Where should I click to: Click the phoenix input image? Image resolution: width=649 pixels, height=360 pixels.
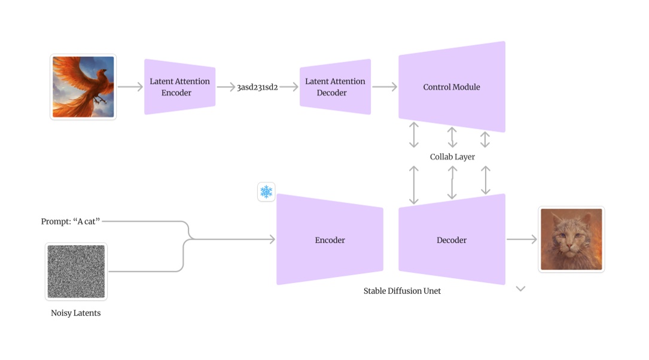coord(83,87)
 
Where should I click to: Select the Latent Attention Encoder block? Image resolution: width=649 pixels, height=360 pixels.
coord(179,87)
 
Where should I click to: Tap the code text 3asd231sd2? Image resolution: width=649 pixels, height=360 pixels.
coord(257,87)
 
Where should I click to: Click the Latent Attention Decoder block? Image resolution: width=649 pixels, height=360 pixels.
coord(335,87)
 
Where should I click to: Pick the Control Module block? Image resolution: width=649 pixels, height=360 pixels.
coord(452,87)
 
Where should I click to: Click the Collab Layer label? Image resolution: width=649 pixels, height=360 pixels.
coord(452,157)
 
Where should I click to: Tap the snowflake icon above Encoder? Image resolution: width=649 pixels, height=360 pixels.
coord(266,191)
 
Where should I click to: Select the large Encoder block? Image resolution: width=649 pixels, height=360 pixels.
coord(330,240)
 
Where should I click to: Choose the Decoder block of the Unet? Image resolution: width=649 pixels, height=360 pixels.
coord(452,240)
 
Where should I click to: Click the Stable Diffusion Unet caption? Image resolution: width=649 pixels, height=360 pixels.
coord(402,291)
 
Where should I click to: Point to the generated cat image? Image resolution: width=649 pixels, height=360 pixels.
coord(571,239)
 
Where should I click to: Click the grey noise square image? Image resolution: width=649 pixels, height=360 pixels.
coord(76,271)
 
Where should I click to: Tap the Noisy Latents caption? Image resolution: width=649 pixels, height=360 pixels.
coord(76,313)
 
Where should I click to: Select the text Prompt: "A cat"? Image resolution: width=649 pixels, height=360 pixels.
coord(71,221)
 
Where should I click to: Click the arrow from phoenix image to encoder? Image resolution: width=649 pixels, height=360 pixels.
coord(130,87)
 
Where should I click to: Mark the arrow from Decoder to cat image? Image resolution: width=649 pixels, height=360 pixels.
coord(522,239)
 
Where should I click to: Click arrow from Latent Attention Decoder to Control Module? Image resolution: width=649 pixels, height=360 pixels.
coord(384,87)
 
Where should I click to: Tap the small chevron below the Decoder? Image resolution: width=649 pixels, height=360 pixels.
coord(520,289)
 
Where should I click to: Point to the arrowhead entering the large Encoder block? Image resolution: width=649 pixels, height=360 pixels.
coord(272,239)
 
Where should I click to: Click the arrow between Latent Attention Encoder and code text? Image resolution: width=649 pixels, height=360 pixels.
coord(226,87)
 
